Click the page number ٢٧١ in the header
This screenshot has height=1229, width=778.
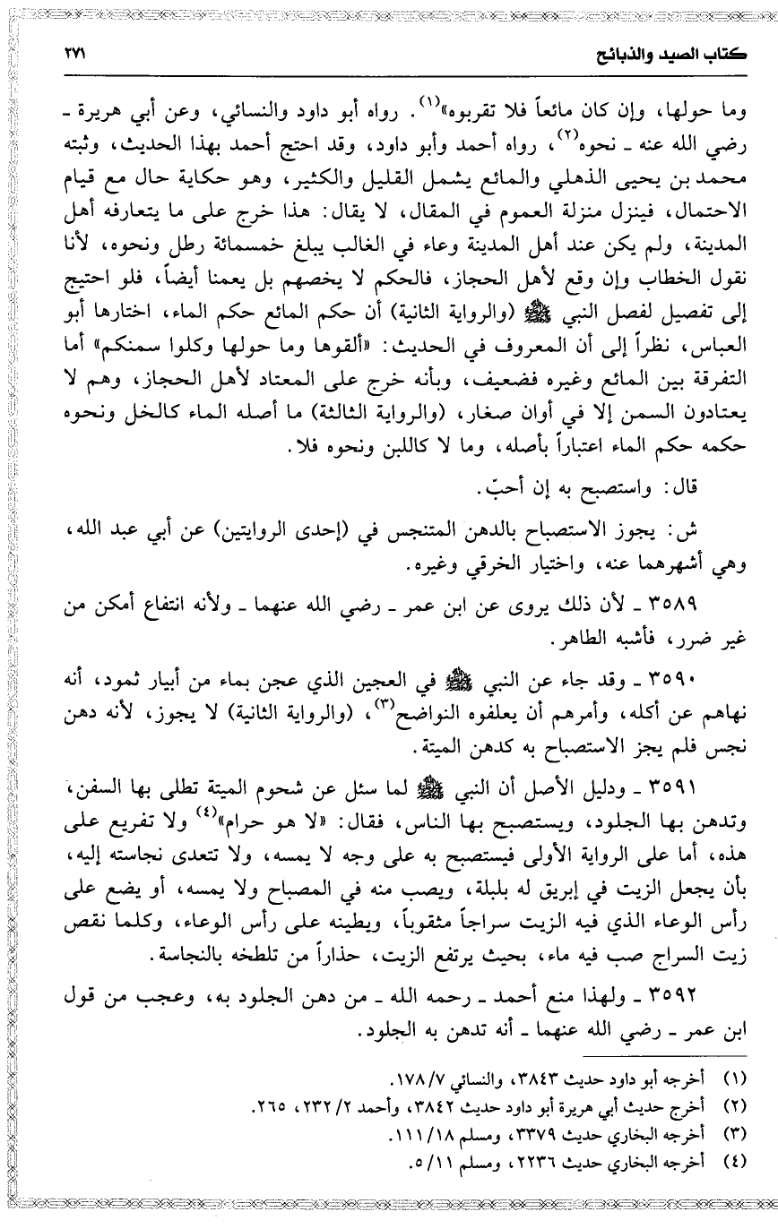[69, 53]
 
